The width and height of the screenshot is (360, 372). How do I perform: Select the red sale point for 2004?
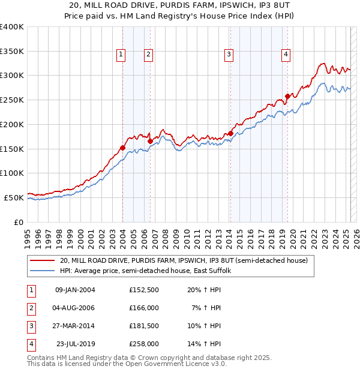pos(122,148)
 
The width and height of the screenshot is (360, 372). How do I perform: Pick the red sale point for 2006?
pos(150,141)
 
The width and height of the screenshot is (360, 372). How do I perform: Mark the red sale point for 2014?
pos(230,133)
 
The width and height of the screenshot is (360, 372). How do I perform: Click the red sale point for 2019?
pos(287,96)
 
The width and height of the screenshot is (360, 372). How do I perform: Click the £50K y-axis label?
pos(14,197)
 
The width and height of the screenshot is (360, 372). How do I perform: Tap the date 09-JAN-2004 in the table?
pos(75,290)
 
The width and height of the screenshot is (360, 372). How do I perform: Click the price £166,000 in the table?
pos(144,308)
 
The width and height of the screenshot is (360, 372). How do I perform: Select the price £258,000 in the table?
pos(144,344)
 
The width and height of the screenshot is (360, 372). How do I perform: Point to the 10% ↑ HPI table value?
pos(206,326)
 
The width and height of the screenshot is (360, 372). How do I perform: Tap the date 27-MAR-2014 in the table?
pos(75,326)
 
